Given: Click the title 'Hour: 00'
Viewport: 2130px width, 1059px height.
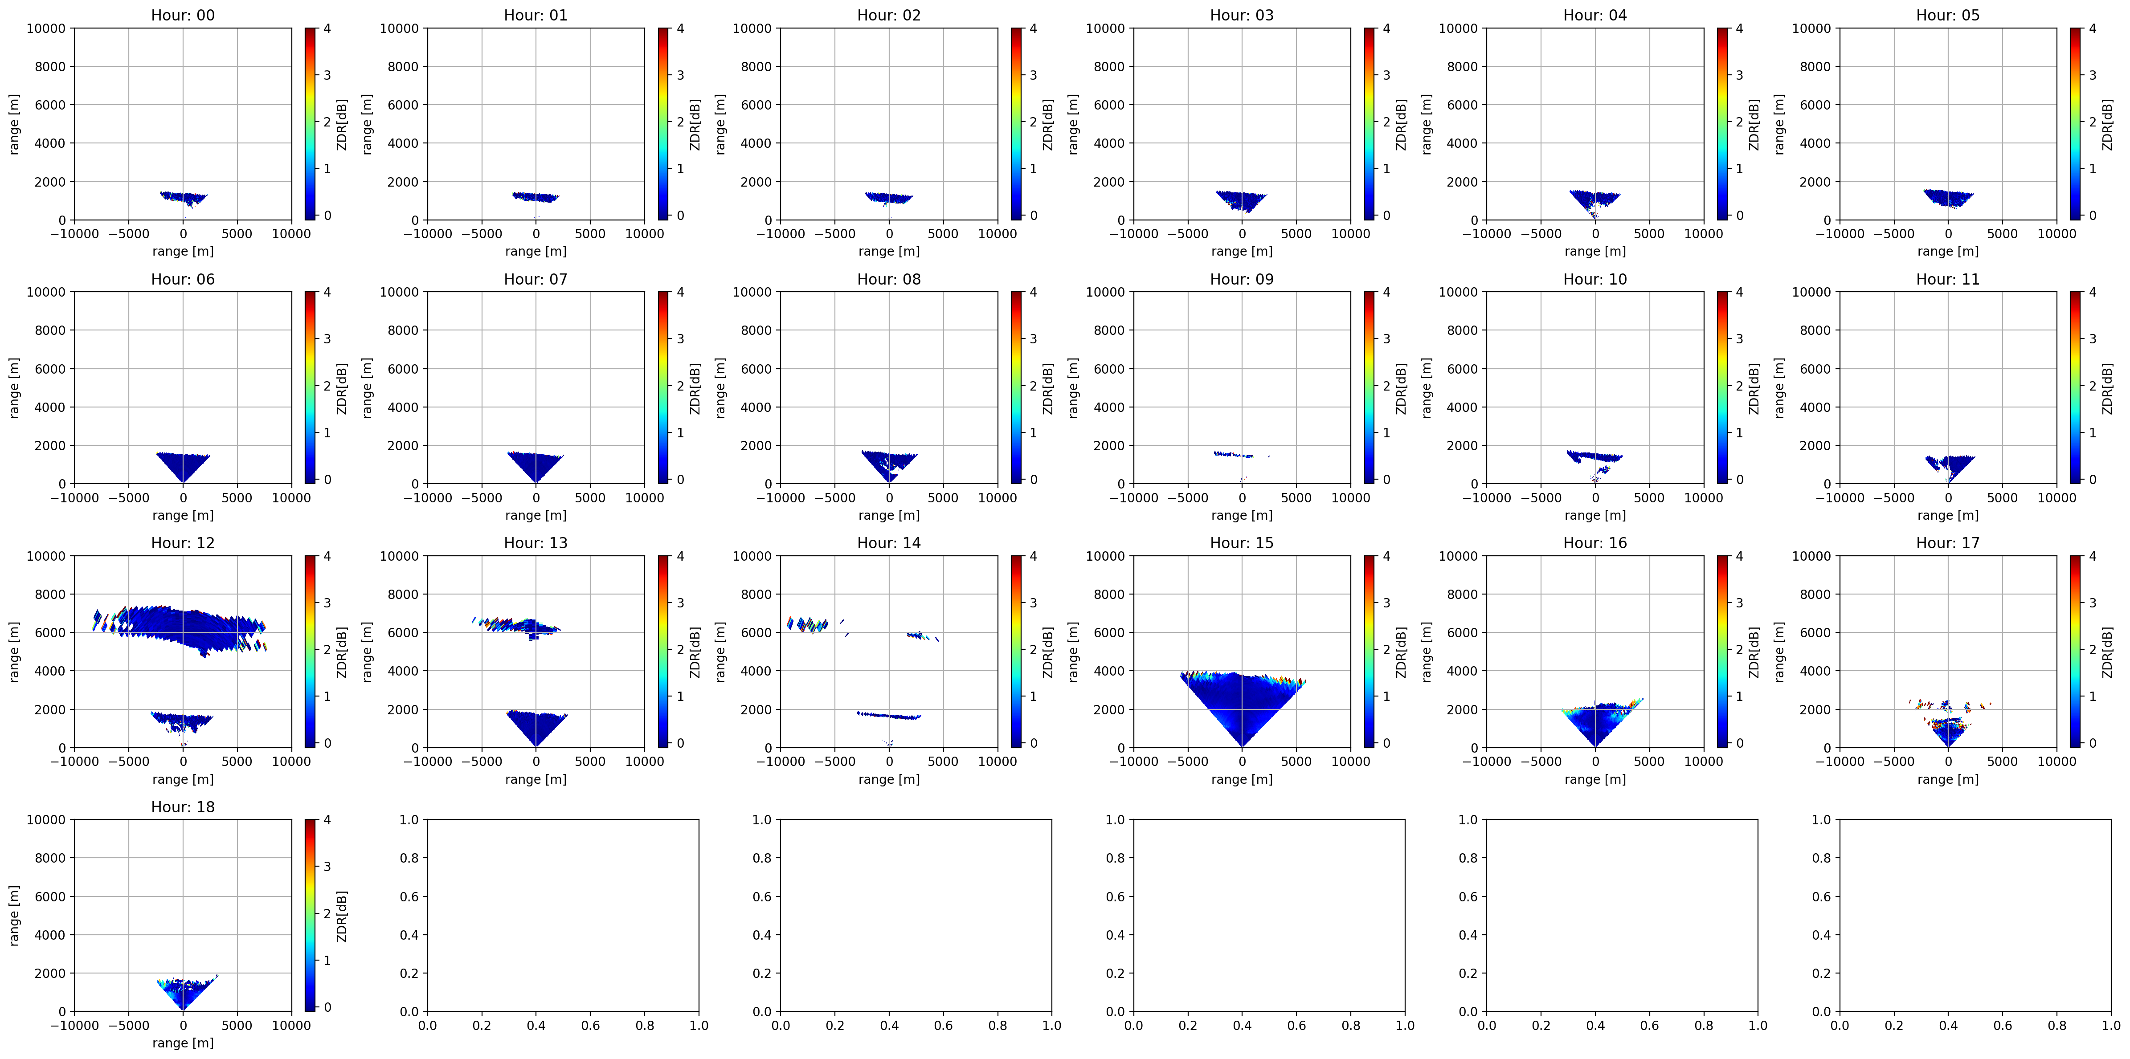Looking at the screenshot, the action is (x=183, y=15).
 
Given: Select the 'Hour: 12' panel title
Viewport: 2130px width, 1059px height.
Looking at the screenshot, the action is (x=183, y=543).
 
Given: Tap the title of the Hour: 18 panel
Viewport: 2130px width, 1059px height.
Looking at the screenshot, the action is (x=183, y=807).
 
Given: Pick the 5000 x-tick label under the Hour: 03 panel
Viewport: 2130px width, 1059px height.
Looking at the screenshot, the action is (x=1296, y=234).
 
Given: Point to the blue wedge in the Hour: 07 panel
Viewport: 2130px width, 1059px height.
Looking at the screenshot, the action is (x=536, y=465).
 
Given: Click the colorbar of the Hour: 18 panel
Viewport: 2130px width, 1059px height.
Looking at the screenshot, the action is (x=309, y=915).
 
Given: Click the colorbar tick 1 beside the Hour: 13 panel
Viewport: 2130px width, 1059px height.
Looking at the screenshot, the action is (x=680, y=696).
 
